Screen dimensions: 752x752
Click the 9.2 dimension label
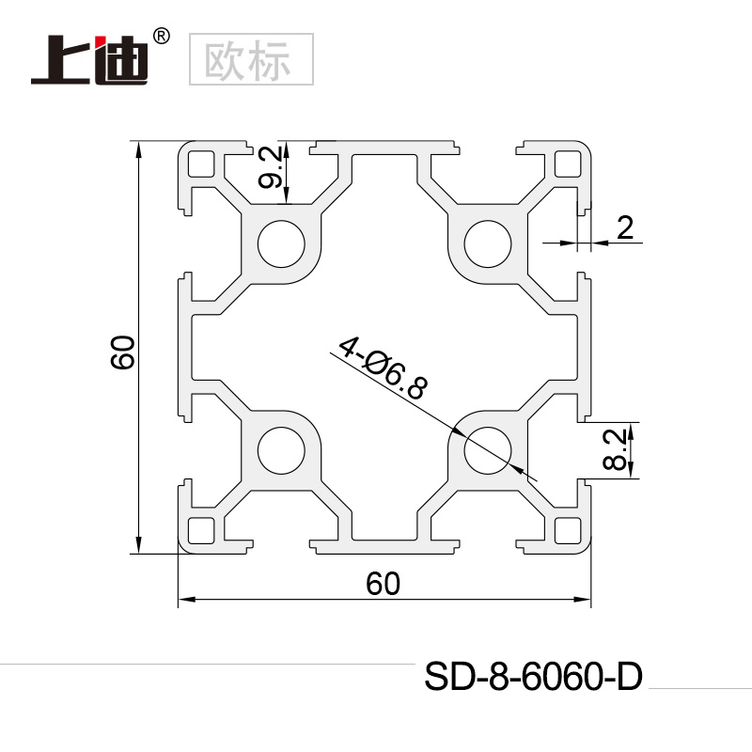pos(270,169)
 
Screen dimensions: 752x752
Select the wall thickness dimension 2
pos(626,226)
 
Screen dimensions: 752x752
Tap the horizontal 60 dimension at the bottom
pos(384,584)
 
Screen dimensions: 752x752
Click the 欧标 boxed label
pos(250,58)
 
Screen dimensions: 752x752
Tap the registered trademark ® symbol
pos(161,36)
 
